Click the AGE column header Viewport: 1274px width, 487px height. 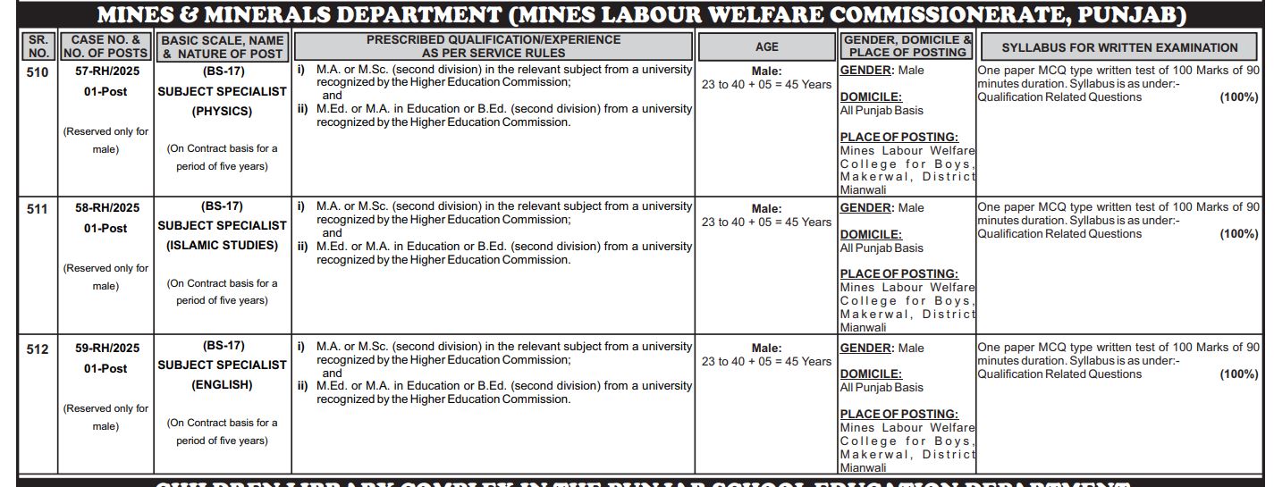[766, 46]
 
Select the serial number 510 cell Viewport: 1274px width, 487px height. [38, 72]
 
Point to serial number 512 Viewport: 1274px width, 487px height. [38, 349]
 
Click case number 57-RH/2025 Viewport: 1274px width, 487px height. [105, 71]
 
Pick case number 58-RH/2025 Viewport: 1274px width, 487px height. [105, 208]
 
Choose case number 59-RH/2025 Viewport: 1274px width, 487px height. [105, 348]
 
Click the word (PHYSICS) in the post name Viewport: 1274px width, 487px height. [222, 112]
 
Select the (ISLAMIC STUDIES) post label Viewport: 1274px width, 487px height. [222, 245]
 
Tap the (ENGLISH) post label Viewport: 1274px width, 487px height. [222, 385]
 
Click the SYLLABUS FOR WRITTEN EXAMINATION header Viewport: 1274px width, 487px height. [1119, 47]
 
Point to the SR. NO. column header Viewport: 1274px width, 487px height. [38, 46]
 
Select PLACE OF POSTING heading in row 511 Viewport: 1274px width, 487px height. [899, 273]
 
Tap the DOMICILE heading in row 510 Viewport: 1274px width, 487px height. [871, 97]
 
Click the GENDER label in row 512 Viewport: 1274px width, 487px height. [865, 348]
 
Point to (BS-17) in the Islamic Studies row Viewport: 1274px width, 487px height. [222, 206]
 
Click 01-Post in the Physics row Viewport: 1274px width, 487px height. [105, 91]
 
